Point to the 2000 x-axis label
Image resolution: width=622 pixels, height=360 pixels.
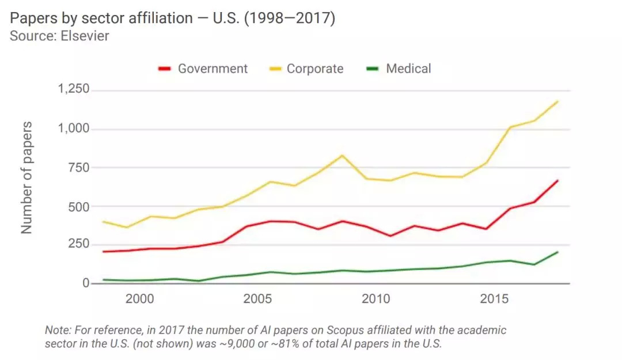point(139,299)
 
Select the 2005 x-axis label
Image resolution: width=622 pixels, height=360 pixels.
point(257,299)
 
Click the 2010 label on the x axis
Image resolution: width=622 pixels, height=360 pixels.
point(376,299)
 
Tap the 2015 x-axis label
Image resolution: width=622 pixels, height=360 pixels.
point(494,299)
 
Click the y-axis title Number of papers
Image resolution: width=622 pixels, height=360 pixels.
point(26,177)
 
